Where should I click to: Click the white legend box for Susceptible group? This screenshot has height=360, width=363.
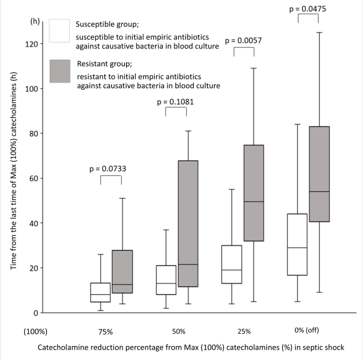coord(59,31)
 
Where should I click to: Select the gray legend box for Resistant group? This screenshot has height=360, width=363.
coord(59,71)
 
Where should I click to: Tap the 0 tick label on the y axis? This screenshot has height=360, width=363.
coord(36,312)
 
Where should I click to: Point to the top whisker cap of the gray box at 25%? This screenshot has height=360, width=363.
coord(253,68)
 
